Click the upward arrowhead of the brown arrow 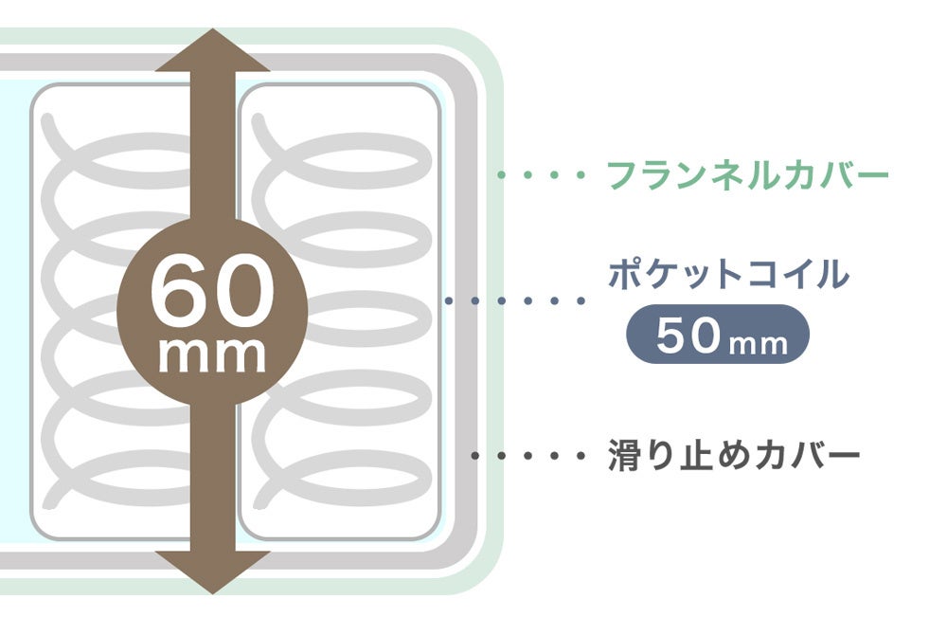click(213, 52)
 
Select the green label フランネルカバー click(747, 175)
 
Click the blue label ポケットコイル click(727, 275)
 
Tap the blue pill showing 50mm click(719, 335)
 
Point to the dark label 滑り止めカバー click(733, 456)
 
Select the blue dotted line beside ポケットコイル click(516, 301)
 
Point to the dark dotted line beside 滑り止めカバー click(528, 456)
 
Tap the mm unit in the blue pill click(759, 341)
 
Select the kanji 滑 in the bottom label click(625, 456)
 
